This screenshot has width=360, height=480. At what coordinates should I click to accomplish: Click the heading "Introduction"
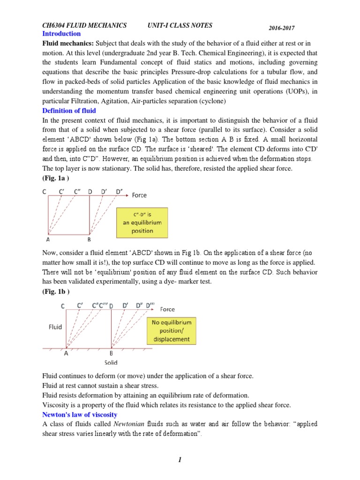point(61,34)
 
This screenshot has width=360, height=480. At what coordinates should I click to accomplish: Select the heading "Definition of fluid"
point(69,111)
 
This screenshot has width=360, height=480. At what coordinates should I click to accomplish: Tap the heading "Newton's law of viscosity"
point(80,414)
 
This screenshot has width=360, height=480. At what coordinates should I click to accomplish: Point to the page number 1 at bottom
point(180,460)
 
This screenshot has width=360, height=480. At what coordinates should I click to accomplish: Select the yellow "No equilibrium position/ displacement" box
point(171,331)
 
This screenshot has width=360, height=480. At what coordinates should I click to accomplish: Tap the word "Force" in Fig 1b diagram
point(167,309)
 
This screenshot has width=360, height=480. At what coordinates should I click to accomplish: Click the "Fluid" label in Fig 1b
point(55,327)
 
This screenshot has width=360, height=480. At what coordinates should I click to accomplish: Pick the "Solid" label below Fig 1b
point(111,362)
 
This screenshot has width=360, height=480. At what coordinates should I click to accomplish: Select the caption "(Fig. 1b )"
point(56,292)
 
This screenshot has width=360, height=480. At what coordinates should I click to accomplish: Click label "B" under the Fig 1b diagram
point(111,354)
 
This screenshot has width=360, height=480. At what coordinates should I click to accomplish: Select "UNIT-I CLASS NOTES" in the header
point(180,25)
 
